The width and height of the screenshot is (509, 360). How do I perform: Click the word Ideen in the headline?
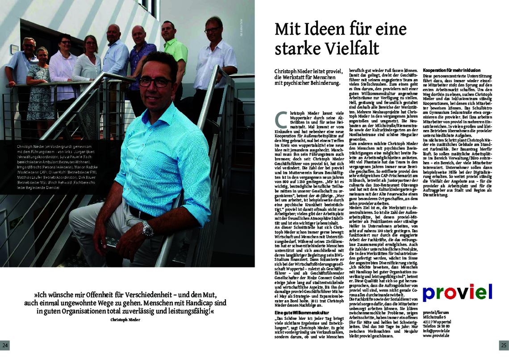[322, 29]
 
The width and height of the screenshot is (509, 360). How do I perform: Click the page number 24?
[5, 345]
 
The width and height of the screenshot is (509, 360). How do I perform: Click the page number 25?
[503, 345]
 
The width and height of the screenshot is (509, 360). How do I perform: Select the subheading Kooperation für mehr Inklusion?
[452, 71]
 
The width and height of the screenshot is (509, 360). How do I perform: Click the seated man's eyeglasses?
[155, 83]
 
